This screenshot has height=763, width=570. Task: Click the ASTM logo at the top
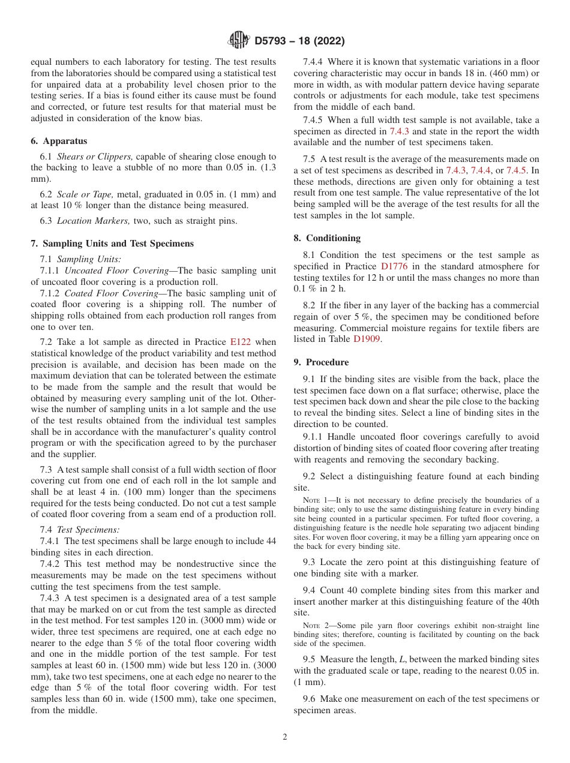(x=239, y=41)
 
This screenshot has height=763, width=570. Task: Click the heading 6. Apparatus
(x=59, y=141)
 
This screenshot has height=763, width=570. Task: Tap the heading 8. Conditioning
(x=327, y=238)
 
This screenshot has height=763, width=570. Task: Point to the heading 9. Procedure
(x=321, y=362)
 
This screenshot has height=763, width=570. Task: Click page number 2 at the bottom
(x=285, y=737)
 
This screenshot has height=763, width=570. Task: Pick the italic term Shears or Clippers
(x=86, y=157)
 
